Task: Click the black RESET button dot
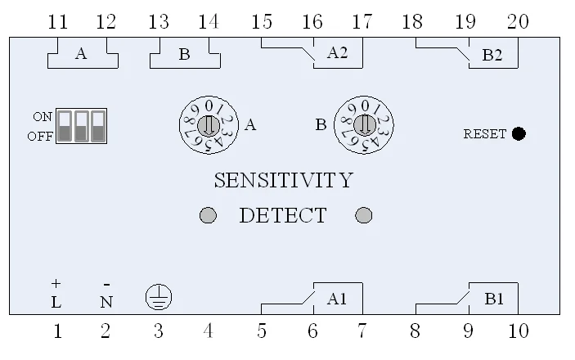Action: (x=519, y=133)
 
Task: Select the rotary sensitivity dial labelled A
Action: (x=208, y=125)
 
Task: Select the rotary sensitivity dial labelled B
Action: (x=364, y=124)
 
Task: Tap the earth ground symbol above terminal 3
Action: (x=158, y=298)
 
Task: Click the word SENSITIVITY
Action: (x=283, y=180)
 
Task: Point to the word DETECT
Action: (x=282, y=216)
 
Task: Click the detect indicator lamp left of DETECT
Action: (x=209, y=215)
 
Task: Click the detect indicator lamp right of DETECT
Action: (x=365, y=215)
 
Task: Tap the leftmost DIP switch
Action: (x=65, y=127)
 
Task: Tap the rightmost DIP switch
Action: (x=99, y=127)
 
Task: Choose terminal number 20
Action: (x=518, y=23)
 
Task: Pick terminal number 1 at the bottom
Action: (x=57, y=331)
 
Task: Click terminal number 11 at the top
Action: (x=57, y=23)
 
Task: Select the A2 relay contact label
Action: (x=337, y=53)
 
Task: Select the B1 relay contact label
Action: (x=494, y=299)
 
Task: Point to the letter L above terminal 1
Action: (x=56, y=302)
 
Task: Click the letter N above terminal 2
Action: (x=106, y=302)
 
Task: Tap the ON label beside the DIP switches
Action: (x=43, y=117)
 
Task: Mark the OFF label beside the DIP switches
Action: (x=40, y=136)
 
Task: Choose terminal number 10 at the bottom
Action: (x=518, y=331)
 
